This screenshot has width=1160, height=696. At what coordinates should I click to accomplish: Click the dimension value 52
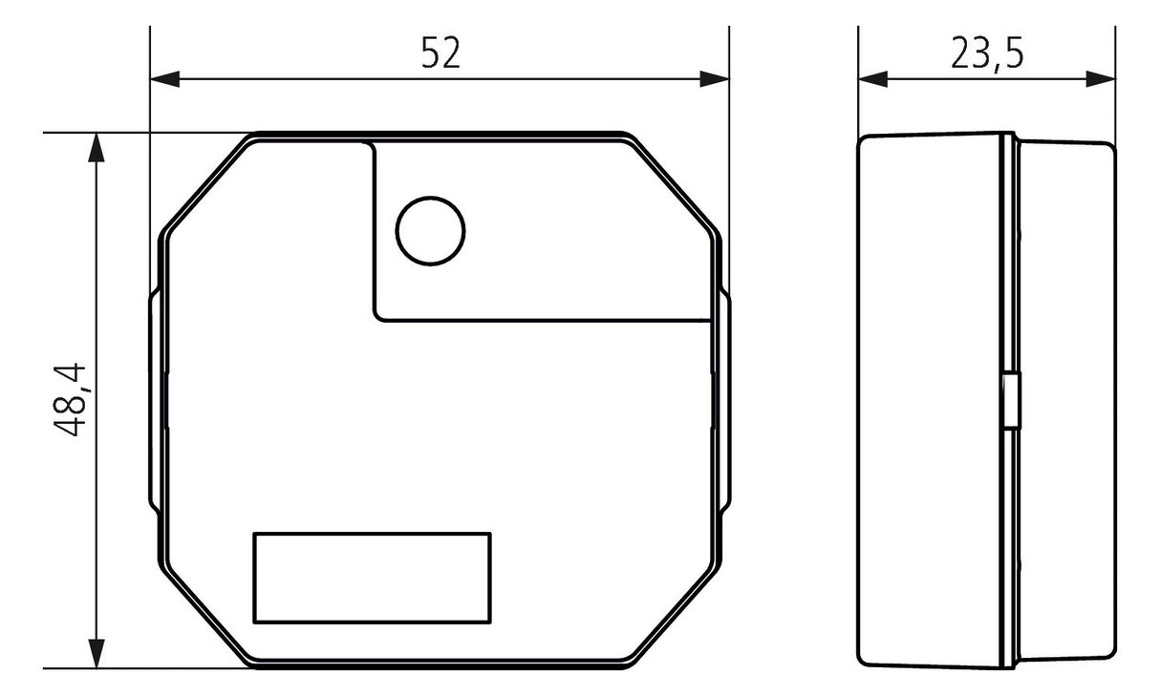point(440,53)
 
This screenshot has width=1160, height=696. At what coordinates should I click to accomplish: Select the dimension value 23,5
point(987,53)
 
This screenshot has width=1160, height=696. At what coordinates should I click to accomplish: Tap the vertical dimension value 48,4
point(71,400)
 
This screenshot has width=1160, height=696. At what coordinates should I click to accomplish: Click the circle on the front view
point(430,231)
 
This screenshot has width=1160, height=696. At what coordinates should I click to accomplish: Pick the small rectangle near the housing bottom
point(372,578)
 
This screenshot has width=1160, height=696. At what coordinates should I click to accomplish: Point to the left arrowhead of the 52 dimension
point(164,79)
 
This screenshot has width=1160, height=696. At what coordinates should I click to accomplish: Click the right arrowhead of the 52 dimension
point(715,79)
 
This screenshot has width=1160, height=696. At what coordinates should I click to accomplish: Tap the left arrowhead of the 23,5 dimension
point(873,79)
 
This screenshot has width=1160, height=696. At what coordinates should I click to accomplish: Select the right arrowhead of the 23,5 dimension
point(1101,79)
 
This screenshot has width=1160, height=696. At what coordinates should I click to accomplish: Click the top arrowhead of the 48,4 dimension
point(97,148)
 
